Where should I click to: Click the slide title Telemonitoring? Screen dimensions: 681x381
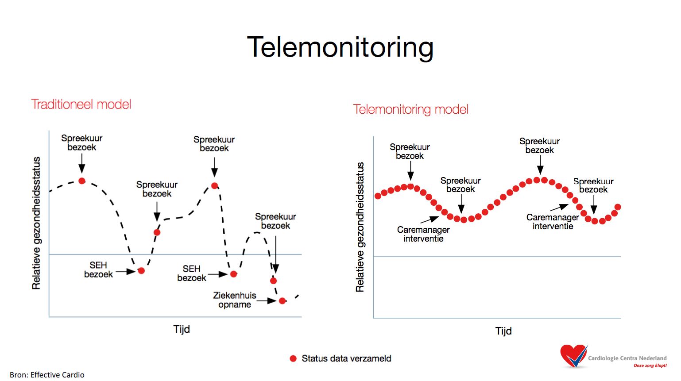click(x=340, y=47)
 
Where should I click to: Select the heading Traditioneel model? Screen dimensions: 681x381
click(x=81, y=104)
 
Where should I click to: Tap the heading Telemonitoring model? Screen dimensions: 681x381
click(x=411, y=109)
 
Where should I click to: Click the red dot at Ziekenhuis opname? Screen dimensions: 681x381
click(x=282, y=301)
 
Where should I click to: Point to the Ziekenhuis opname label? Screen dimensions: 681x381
click(x=234, y=300)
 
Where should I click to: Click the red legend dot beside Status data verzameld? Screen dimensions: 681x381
click(x=293, y=358)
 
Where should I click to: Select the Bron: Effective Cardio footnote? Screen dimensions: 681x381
click(x=47, y=375)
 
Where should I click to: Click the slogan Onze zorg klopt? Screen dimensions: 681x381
click(x=650, y=366)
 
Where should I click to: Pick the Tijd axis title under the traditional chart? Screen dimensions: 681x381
click(x=182, y=329)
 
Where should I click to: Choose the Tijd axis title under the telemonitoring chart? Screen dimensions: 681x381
click(x=503, y=331)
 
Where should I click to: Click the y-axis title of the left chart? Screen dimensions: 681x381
click(x=36, y=223)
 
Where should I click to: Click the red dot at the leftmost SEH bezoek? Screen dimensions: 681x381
click(x=141, y=270)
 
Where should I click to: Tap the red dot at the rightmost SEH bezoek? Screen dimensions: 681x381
click(x=233, y=274)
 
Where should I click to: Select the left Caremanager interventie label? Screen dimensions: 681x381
click(x=423, y=234)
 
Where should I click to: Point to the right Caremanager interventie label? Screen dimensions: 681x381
click(x=553, y=222)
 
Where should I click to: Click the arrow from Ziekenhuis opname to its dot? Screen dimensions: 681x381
click(x=267, y=301)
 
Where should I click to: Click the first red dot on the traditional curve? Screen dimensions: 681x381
click(x=82, y=181)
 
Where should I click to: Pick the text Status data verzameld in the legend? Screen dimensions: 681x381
click(x=346, y=358)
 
